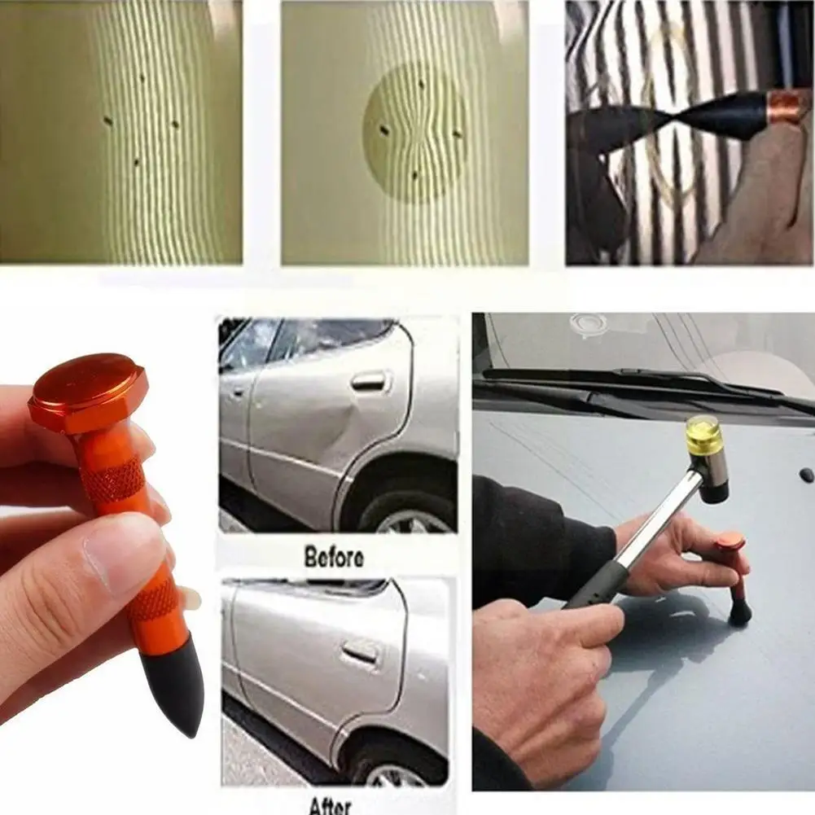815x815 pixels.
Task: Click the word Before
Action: point(334,558)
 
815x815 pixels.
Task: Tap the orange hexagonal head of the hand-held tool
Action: point(88,390)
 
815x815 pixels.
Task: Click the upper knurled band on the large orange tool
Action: point(113,480)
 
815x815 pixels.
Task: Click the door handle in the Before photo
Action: point(368,380)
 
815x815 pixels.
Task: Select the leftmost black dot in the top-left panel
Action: point(107,121)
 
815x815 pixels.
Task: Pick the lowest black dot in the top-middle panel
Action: point(414,174)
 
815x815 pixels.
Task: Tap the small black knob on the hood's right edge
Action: point(806,474)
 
